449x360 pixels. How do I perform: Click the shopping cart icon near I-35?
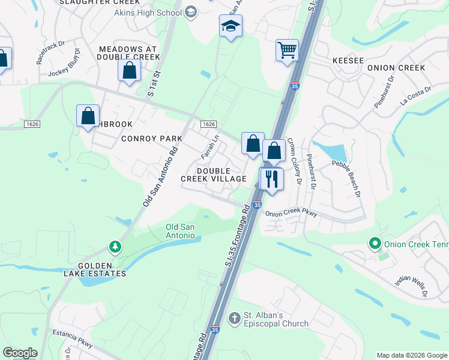coord(287,50)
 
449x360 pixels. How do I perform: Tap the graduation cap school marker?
coord(230,26)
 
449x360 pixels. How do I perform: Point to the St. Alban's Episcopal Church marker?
coord(235,317)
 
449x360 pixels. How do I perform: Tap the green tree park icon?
coord(114,247)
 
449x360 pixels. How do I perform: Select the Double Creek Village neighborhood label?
coord(214,175)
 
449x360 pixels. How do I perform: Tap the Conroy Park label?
coord(151,139)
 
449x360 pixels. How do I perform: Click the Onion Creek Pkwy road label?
coord(291,214)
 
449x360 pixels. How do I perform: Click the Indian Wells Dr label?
coord(411,286)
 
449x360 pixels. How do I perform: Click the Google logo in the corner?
coord(20,353)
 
